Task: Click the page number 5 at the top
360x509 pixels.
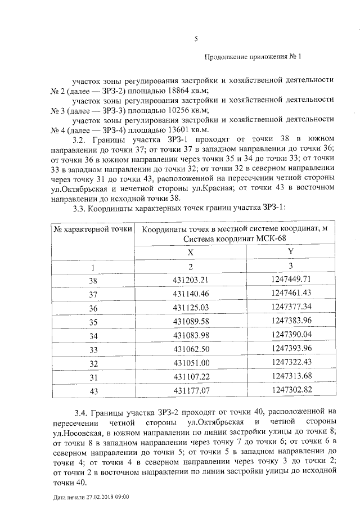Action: (196, 39)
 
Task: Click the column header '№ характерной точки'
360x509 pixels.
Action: (92, 229)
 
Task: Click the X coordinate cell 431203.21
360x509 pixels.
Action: (191, 280)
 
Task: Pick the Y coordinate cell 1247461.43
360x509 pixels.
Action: (290, 293)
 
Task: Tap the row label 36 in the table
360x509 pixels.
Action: (93, 307)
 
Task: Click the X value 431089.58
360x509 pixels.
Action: (191, 321)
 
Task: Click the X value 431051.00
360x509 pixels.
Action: (191, 363)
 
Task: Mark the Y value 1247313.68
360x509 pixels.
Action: (290, 376)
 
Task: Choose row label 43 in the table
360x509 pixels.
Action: (93, 390)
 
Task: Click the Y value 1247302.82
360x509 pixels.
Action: (290, 390)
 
